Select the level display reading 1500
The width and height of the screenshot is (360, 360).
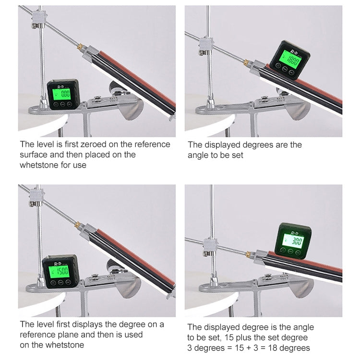pos(60,271)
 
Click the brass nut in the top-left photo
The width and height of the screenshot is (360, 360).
pos(80,48)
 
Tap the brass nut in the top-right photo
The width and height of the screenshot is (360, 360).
pos(247,62)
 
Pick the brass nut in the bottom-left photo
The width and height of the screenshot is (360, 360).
pos(78,225)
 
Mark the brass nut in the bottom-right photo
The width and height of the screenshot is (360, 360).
pos(249,254)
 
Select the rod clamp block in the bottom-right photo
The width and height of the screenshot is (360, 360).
pos(210,246)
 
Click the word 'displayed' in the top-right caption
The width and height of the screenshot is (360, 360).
pos(222,145)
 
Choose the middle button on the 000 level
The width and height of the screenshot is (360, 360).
pos(62,105)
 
